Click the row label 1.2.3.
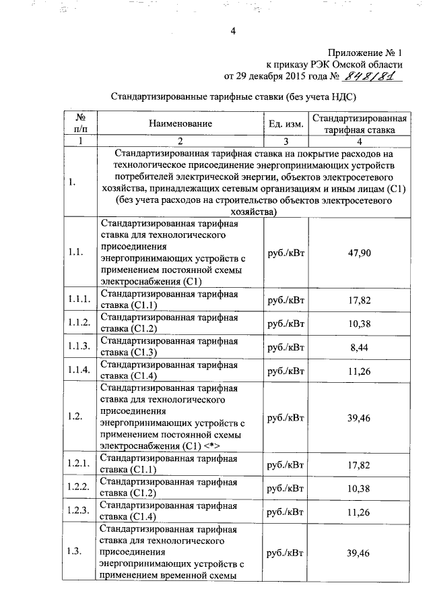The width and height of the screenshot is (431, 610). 79,510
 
